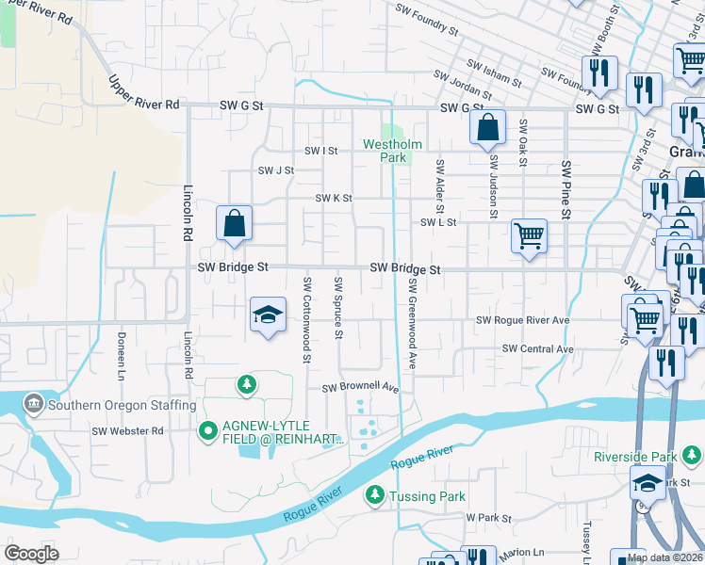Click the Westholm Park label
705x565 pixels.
tap(393, 151)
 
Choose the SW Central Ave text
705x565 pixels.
tap(537, 348)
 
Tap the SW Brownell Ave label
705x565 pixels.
tap(361, 388)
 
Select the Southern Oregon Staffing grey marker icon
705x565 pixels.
tap(34, 405)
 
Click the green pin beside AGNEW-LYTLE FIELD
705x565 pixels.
tap(207, 431)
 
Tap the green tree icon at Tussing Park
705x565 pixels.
tap(375, 495)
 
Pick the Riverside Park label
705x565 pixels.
tap(635, 457)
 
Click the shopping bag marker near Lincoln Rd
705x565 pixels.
tap(234, 224)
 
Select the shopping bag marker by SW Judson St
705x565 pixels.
tap(487, 128)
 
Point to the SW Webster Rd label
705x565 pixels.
tap(127, 430)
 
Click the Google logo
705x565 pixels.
tap(31, 554)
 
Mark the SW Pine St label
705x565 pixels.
tap(566, 188)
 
